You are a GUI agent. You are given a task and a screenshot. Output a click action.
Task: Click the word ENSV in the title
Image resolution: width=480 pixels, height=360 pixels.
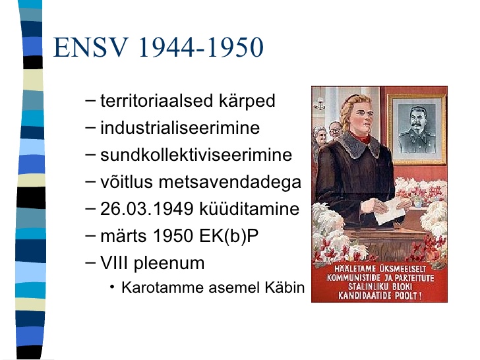click(91, 47)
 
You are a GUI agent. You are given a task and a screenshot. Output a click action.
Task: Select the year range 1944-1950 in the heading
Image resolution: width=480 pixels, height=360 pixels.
click(201, 47)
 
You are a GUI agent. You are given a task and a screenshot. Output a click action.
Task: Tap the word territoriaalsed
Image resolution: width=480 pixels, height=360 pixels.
click(156, 100)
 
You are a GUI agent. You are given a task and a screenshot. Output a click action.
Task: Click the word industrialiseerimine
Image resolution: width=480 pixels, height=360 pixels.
click(180, 127)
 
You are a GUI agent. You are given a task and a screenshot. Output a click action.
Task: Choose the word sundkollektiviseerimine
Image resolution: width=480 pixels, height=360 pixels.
click(196, 154)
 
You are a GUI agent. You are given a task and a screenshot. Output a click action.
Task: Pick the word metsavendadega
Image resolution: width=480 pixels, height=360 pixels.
click(230, 183)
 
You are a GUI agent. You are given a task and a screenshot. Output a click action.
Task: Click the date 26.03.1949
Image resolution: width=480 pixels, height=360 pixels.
click(146, 209)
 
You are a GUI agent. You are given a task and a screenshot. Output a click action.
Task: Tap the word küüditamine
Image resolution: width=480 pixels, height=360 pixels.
click(249, 209)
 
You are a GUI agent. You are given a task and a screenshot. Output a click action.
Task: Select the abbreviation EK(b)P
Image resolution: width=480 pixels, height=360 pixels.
click(229, 236)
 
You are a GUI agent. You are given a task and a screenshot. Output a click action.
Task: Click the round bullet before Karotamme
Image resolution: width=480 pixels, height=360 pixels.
click(112, 287)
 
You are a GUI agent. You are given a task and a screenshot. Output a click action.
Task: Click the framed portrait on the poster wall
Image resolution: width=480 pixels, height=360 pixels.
click(417, 129)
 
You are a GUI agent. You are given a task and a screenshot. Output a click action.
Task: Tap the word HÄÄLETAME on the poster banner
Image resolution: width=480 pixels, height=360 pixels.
click(355, 269)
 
